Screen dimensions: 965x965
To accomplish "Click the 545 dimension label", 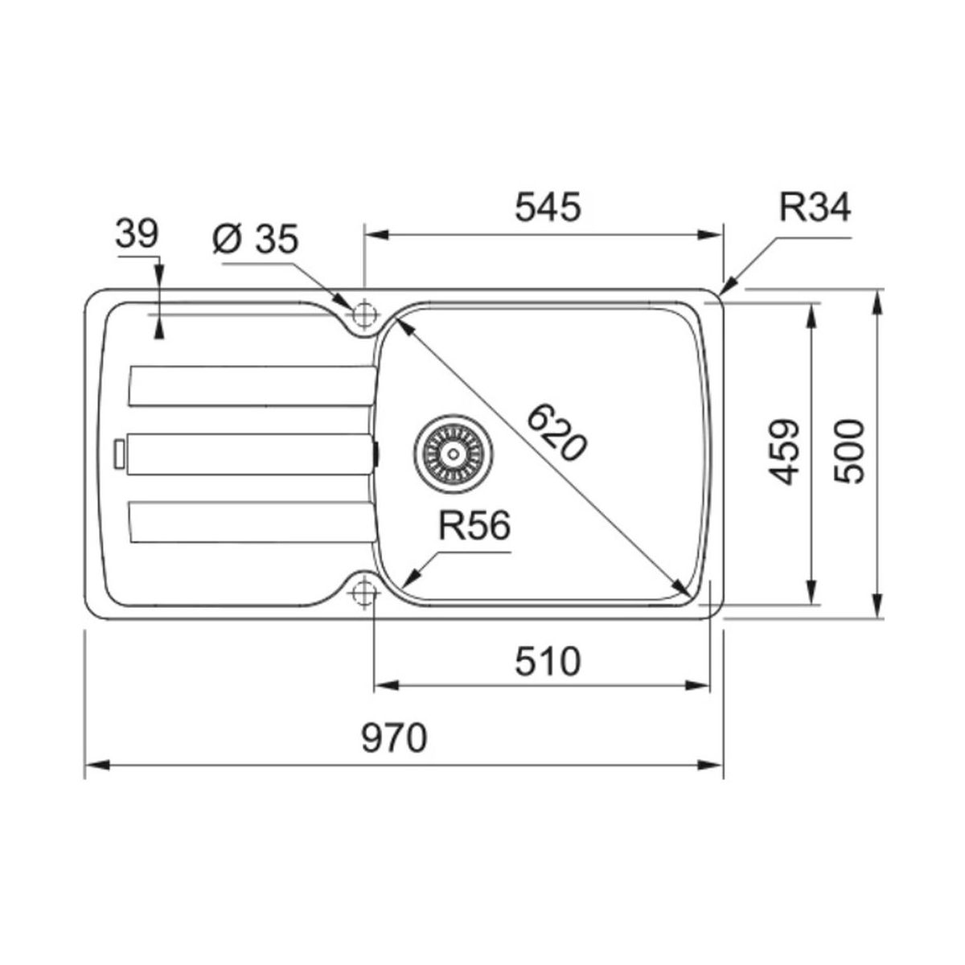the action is pyautogui.click(x=548, y=207).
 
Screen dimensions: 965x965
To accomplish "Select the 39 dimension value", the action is pyautogui.click(x=137, y=234).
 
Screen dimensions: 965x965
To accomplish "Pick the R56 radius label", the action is pyautogui.click(x=474, y=526).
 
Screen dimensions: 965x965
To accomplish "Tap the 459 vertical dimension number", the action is pyautogui.click(x=784, y=452).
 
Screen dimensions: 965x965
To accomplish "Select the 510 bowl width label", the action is pyautogui.click(x=548, y=661).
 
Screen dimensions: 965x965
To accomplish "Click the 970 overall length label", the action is pyautogui.click(x=394, y=738).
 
